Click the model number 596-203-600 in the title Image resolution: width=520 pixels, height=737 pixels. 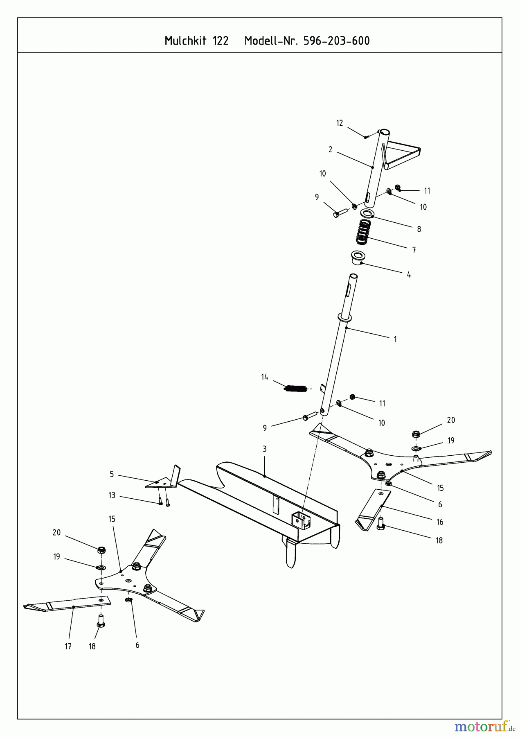[336, 41]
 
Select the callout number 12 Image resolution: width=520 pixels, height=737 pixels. [339, 123]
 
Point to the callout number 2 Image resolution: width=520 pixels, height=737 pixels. [330, 150]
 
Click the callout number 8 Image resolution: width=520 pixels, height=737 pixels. [419, 229]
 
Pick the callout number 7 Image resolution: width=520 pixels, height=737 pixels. [414, 250]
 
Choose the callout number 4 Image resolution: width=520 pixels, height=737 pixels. [409, 275]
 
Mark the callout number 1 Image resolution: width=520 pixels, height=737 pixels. [395, 339]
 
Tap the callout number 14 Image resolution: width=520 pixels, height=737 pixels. [265, 377]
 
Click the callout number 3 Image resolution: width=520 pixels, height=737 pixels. [265, 449]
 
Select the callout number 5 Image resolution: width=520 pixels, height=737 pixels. [112, 475]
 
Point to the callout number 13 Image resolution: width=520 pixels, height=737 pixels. [112, 495]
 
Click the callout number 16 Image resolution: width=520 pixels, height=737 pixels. [440, 522]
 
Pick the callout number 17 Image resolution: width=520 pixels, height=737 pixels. [68, 647]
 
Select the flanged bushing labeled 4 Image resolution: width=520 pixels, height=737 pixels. [358, 258]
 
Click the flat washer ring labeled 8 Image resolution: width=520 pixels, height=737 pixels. [367, 213]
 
